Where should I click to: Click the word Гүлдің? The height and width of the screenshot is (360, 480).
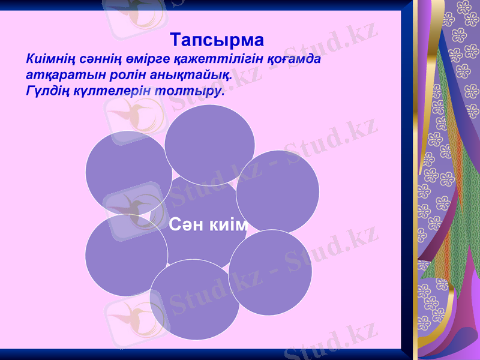pos(47,92)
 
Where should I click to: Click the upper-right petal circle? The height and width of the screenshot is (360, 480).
pos(278,191)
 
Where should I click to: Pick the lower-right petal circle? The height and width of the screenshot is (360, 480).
pos(270,272)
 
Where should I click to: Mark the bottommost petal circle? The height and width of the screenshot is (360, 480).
pos(194,300)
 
